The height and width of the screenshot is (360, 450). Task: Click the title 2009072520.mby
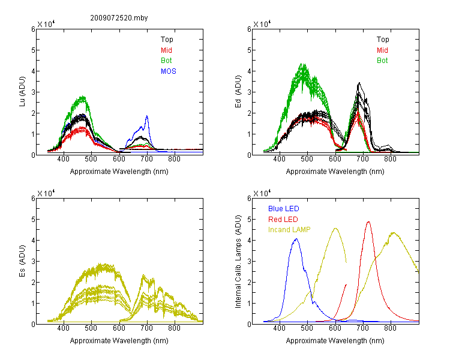(x=119, y=18)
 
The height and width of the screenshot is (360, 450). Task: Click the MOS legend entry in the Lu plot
(x=169, y=71)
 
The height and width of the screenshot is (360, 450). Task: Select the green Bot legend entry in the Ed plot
(x=382, y=61)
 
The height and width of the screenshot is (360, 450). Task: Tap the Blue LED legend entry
(x=284, y=209)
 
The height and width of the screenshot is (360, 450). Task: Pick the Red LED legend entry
(x=283, y=220)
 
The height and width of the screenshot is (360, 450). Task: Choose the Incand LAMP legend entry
(x=289, y=230)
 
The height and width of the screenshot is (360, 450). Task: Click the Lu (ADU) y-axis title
(x=22, y=92)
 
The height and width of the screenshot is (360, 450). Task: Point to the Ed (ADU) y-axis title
(x=238, y=92)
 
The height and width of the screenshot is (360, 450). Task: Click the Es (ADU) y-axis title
(x=22, y=261)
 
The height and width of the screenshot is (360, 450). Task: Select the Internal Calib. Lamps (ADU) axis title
(x=238, y=262)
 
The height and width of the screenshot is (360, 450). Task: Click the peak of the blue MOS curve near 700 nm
(x=147, y=116)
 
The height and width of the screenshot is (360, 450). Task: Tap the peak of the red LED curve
(x=368, y=221)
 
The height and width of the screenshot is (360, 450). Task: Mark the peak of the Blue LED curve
(x=296, y=239)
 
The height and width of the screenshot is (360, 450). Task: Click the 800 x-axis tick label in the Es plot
(x=174, y=328)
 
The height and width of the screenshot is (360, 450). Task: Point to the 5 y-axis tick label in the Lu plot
(x=33, y=50)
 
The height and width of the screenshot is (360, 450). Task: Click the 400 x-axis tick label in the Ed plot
(x=279, y=159)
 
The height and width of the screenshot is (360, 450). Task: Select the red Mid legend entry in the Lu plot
(x=166, y=50)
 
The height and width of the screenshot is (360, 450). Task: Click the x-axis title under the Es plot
(x=119, y=341)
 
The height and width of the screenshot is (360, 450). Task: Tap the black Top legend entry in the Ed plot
(x=383, y=40)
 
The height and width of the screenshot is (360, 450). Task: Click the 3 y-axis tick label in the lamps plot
(x=249, y=261)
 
